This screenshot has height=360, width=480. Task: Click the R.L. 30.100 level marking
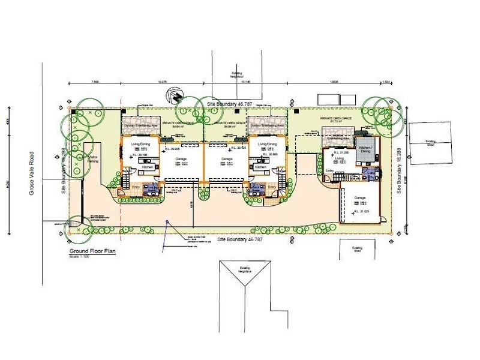pyautogui.click(x=139, y=154)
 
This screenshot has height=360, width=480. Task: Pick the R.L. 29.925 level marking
pyautogui.click(x=172, y=148)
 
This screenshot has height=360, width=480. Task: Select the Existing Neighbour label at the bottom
pyautogui.click(x=242, y=271)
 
